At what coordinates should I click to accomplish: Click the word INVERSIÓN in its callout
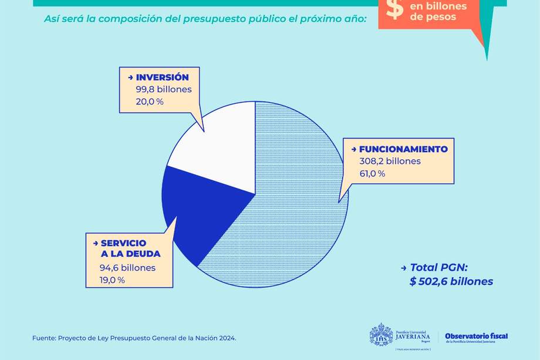(x=162, y=77)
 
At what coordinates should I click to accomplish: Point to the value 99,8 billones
(x=164, y=89)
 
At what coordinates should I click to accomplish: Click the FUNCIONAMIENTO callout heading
(x=403, y=149)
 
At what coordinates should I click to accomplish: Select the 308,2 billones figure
(x=390, y=161)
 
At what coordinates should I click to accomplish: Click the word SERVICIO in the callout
(x=123, y=243)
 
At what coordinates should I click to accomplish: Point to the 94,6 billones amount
(x=128, y=268)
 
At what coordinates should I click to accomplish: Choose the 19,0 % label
(x=113, y=280)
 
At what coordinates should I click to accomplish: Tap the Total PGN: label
(x=438, y=267)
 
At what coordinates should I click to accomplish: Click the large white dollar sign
(x=395, y=9)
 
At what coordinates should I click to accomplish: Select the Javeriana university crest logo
(x=381, y=334)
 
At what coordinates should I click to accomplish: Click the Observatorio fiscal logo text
(x=476, y=336)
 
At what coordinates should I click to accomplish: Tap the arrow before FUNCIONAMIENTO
(x=354, y=149)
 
